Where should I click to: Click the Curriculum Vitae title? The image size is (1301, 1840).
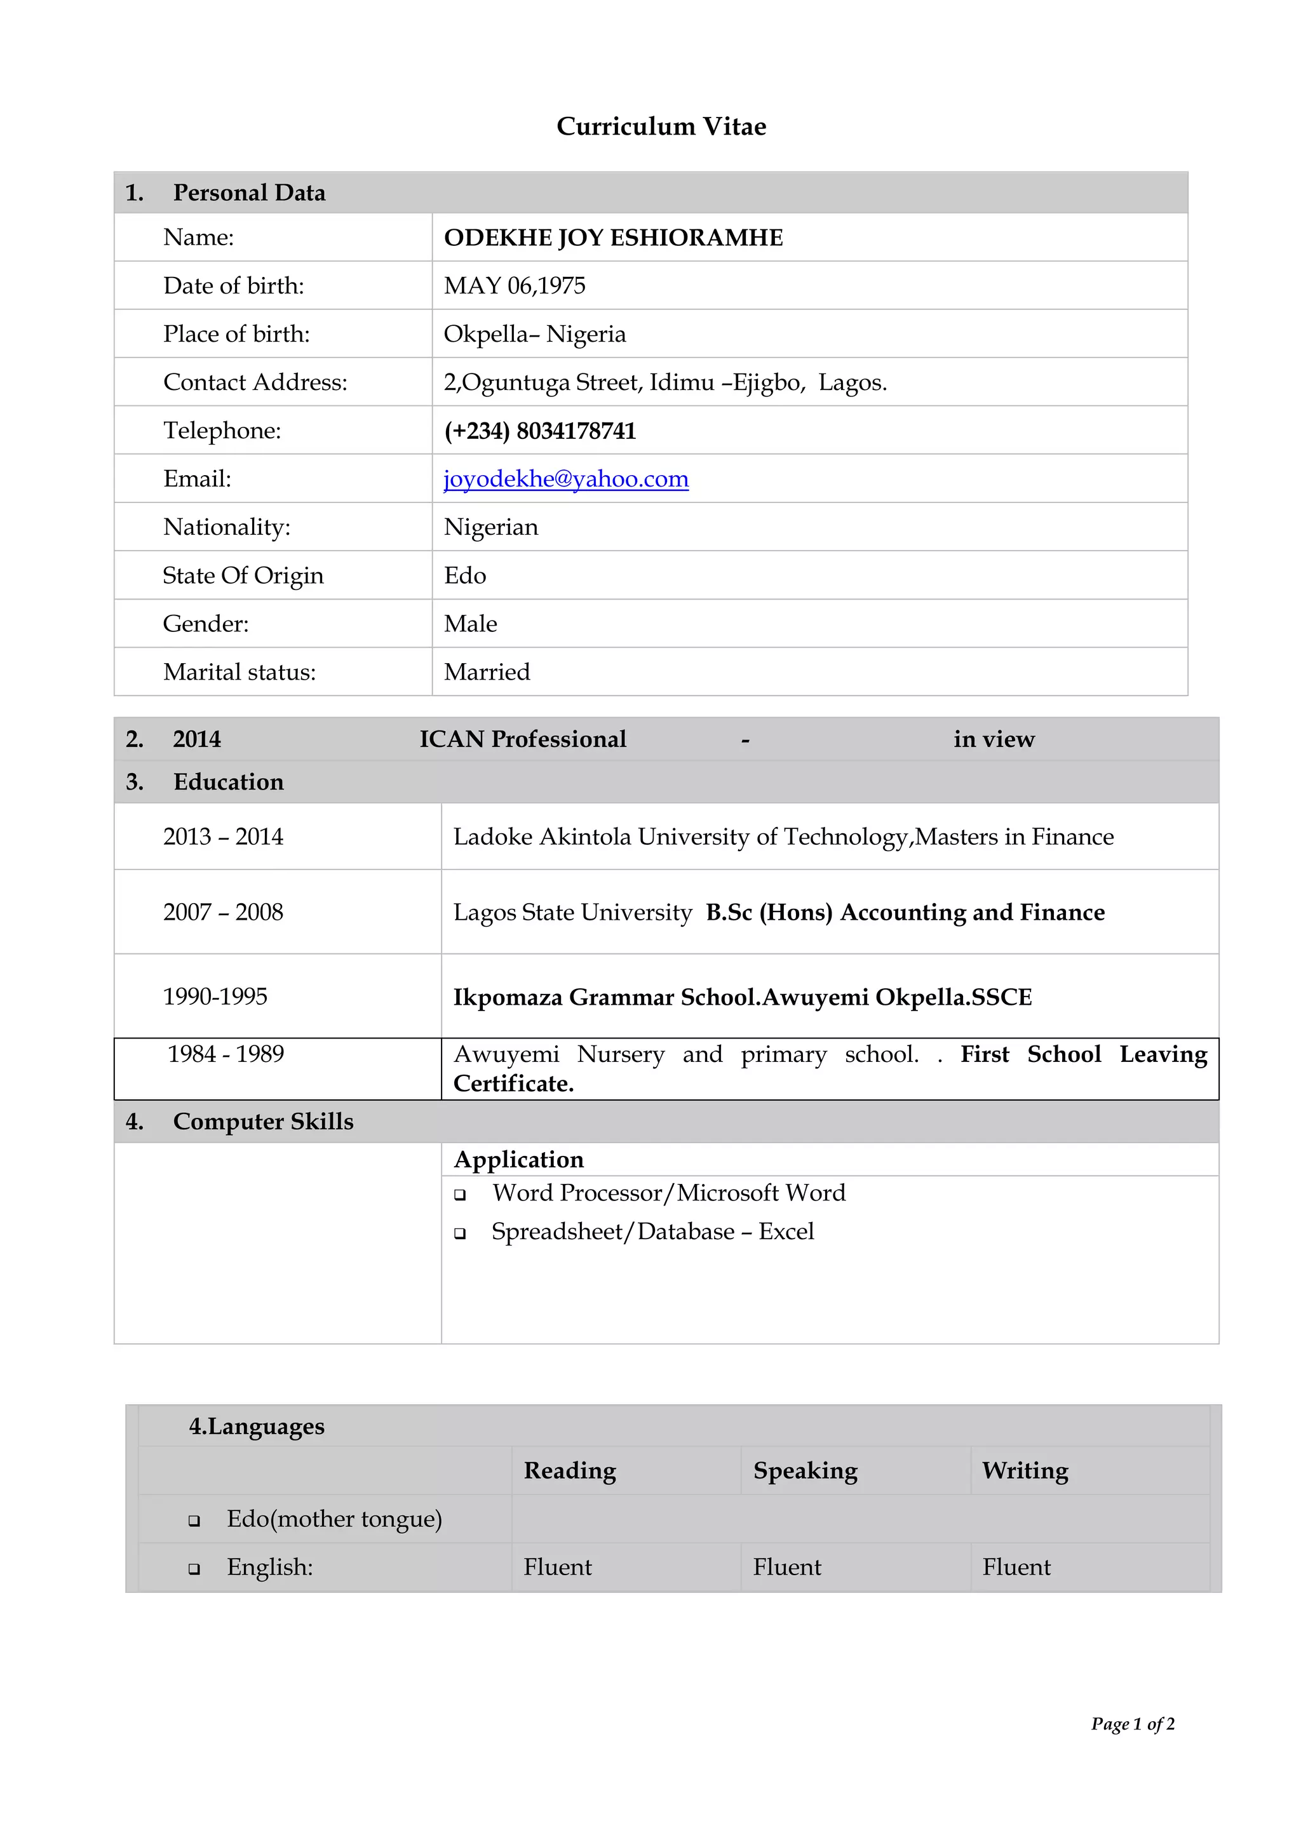pyautogui.click(x=661, y=126)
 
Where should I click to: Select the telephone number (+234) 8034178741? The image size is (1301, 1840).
pyautogui.click(x=539, y=431)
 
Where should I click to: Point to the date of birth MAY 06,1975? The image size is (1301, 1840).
pyautogui.click(x=515, y=286)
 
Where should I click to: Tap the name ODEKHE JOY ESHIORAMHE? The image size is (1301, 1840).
pyautogui.click(x=613, y=238)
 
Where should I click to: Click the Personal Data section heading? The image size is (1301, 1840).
pyautogui.click(x=248, y=193)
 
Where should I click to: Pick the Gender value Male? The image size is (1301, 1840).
pyautogui.click(x=471, y=624)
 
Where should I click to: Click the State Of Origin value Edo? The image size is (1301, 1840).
pyautogui.click(x=465, y=575)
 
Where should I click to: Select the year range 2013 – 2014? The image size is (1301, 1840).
pyautogui.click(x=223, y=836)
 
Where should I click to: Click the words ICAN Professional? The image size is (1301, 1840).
pyautogui.click(x=523, y=739)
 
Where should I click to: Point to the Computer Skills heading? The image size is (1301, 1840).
pyautogui.click(x=263, y=1121)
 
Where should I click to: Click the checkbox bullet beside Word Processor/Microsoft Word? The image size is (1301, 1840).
pyautogui.click(x=460, y=1195)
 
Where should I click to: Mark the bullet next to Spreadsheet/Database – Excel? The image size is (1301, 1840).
pyautogui.click(x=460, y=1233)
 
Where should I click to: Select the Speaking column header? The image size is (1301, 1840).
pyautogui.click(x=805, y=1470)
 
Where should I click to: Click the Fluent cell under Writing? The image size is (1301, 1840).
pyautogui.click(x=1016, y=1567)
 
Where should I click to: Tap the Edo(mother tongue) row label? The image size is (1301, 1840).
pyautogui.click(x=334, y=1519)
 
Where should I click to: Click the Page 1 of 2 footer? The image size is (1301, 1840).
pyautogui.click(x=1132, y=1724)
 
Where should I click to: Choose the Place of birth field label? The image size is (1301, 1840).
pyautogui.click(x=236, y=334)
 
